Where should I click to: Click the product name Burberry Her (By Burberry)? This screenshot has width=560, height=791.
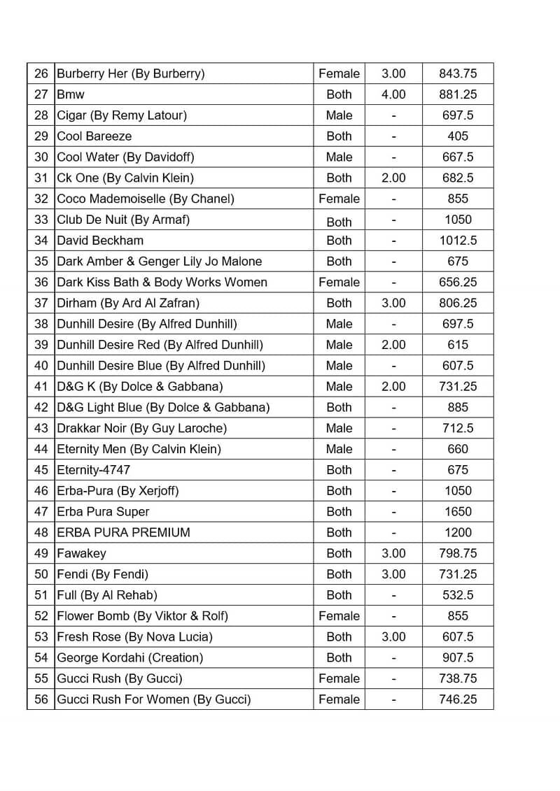[x=130, y=73]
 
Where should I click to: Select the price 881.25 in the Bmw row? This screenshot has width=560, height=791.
[x=458, y=94]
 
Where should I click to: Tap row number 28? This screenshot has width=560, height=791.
[x=41, y=115]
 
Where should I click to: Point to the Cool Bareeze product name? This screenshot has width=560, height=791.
[x=94, y=136]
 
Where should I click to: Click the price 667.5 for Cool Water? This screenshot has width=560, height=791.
[x=458, y=157]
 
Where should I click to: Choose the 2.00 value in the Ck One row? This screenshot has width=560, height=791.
[x=393, y=178]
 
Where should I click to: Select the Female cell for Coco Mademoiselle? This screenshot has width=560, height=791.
[x=339, y=199]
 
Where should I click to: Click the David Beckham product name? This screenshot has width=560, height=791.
[x=100, y=241]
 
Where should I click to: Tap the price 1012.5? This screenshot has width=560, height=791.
[x=458, y=241]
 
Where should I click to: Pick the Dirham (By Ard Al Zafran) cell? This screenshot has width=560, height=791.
[x=128, y=303]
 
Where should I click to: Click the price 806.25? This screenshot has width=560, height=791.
[x=458, y=303]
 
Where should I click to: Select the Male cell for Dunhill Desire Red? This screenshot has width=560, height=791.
[x=339, y=345]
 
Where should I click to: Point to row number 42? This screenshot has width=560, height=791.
[x=41, y=407]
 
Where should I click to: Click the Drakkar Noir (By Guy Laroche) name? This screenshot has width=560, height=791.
[x=141, y=428]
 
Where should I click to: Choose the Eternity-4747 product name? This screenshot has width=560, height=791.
[x=93, y=470]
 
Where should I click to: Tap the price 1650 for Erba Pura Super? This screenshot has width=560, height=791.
[x=458, y=511]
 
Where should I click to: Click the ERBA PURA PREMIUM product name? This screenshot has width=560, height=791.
[x=123, y=532]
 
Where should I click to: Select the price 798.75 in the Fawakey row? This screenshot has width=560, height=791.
[x=458, y=553]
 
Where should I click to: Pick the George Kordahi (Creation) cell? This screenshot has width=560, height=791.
[x=129, y=657]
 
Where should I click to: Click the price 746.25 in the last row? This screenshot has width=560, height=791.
[x=458, y=699]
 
